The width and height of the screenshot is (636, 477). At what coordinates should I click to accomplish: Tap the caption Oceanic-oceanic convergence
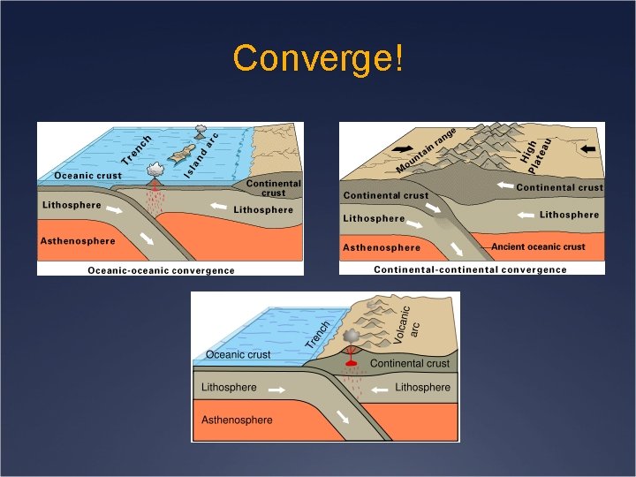161,269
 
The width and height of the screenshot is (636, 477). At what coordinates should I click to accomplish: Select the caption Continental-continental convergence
470,269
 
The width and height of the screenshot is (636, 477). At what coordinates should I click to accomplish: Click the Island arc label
202,152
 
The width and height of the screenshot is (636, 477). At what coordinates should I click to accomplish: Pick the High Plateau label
535,151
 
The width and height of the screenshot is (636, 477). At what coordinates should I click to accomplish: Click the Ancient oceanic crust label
538,246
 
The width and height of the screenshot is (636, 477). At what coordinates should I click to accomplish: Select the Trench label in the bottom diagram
318,334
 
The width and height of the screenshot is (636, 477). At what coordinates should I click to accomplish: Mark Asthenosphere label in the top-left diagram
78,241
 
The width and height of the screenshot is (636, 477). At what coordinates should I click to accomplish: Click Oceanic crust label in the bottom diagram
238,354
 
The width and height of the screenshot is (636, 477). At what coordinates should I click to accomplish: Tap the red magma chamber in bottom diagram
351,364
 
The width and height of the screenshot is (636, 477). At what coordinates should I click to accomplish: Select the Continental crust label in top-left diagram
273,188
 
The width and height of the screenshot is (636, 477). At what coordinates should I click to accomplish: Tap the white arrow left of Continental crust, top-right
505,185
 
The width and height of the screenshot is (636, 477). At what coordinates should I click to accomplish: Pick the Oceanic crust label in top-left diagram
87,175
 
